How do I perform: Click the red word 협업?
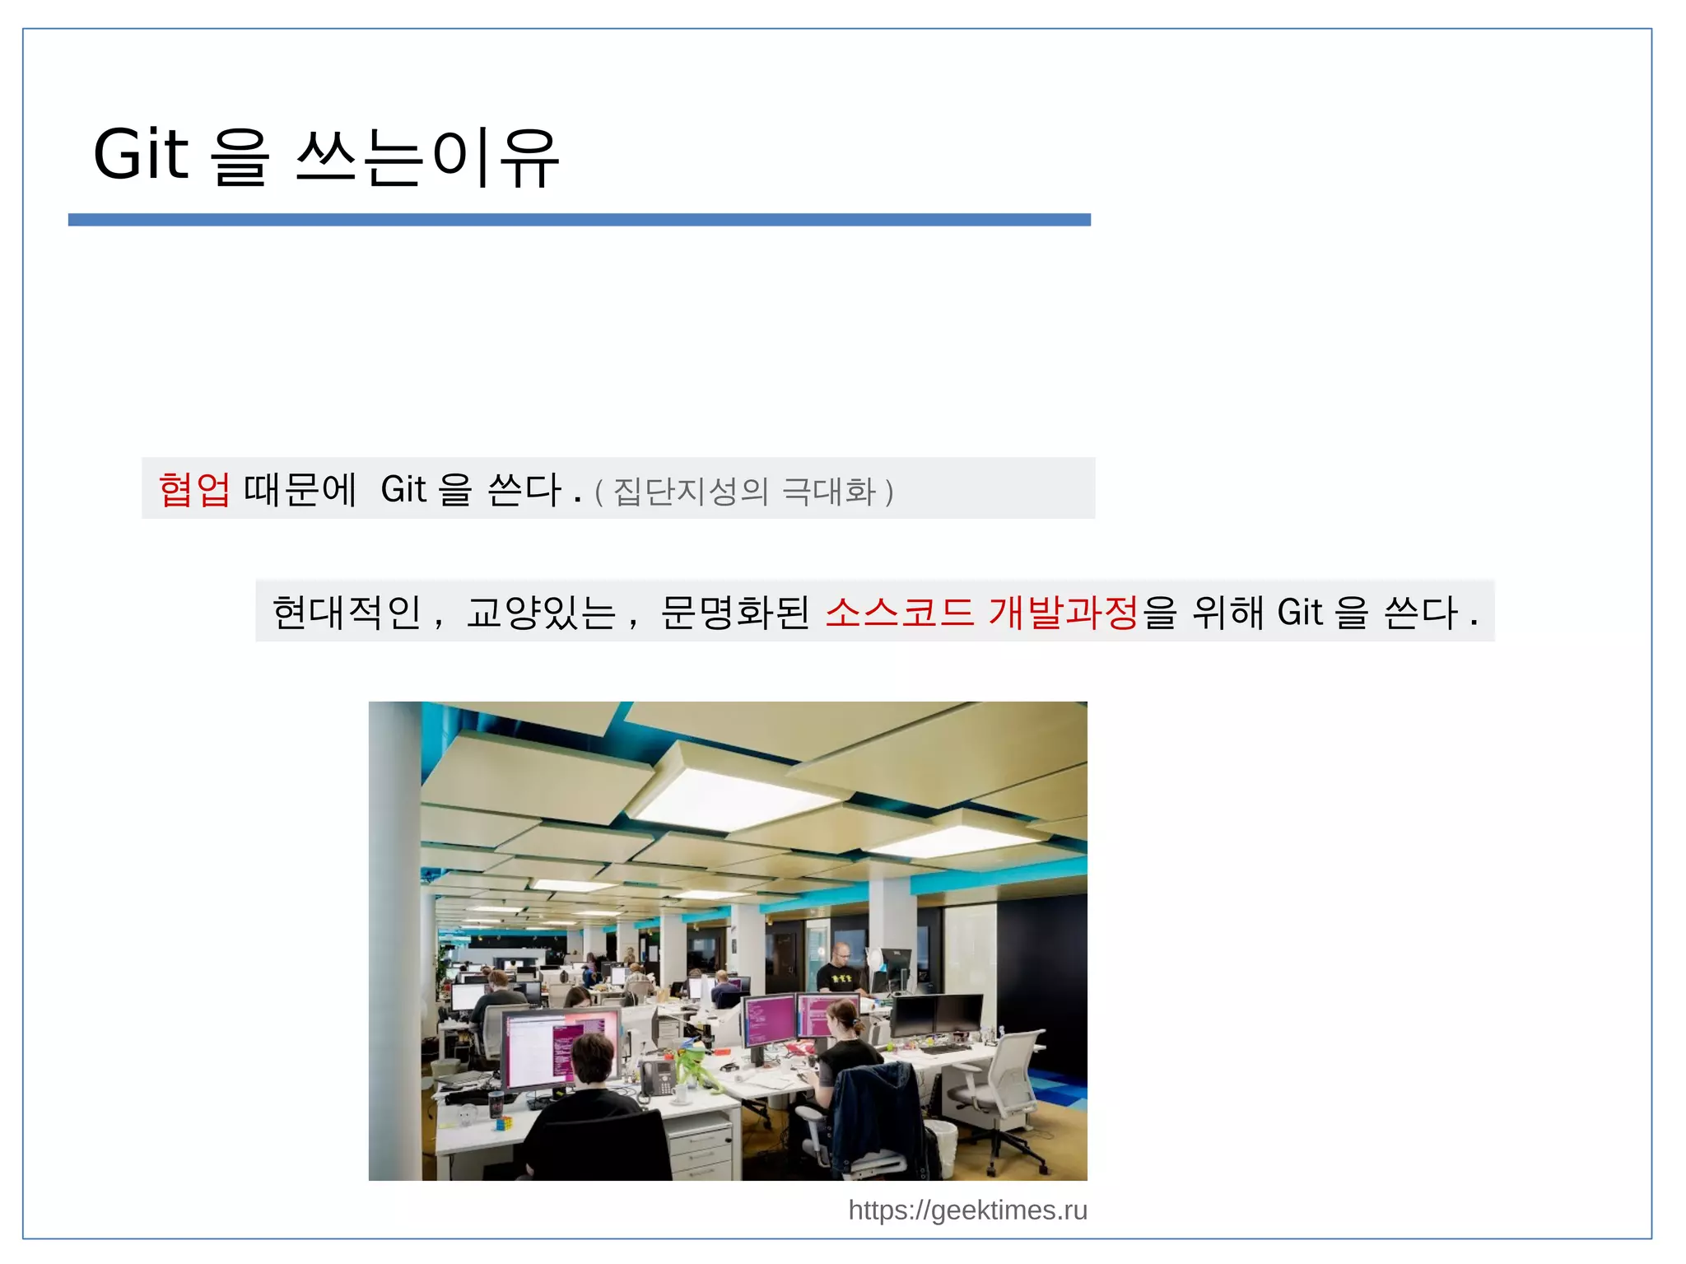click(x=194, y=489)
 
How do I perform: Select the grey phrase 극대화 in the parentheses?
click(x=828, y=492)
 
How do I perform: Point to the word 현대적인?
click(x=347, y=613)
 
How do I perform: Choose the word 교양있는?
click(x=541, y=613)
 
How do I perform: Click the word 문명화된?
click(x=734, y=613)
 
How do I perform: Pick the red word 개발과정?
click(x=1063, y=613)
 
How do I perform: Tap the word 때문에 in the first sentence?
click(x=300, y=489)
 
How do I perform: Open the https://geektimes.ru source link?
click(x=967, y=1210)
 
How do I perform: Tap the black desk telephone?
click(x=656, y=1077)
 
